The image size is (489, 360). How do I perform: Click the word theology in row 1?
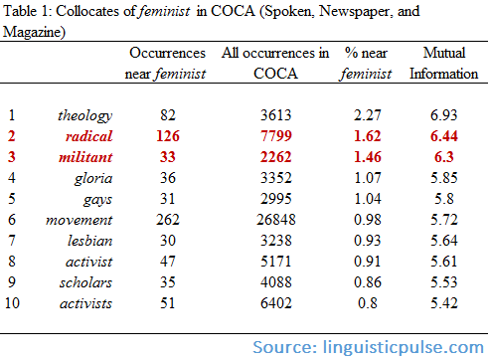point(84,116)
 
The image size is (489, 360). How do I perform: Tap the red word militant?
point(83,157)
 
